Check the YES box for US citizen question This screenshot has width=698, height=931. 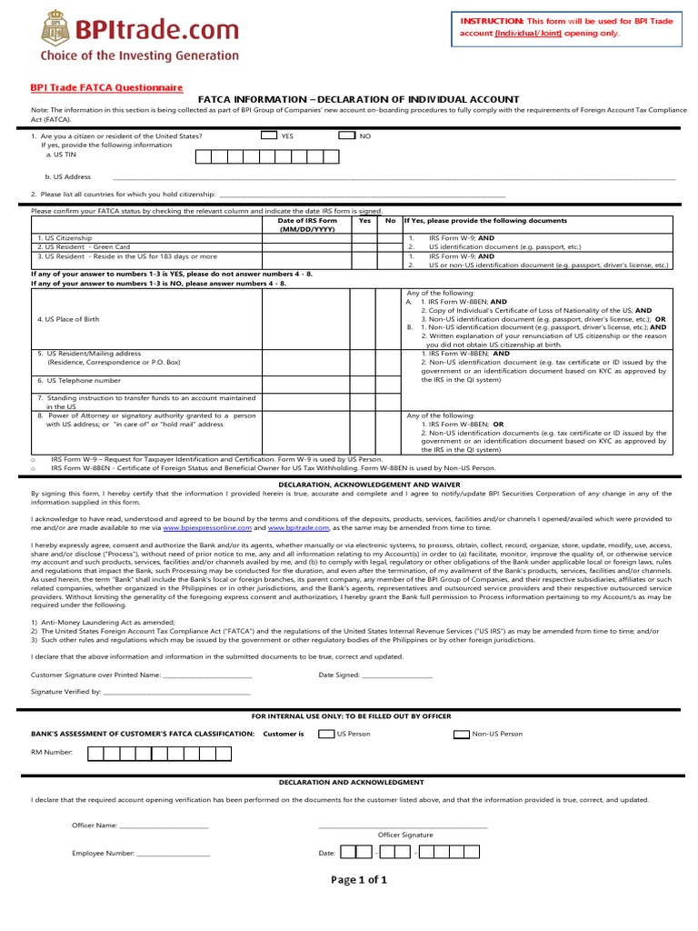click(x=268, y=135)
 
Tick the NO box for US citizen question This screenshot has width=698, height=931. click(x=346, y=135)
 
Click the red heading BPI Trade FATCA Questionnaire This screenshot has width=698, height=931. click(x=107, y=87)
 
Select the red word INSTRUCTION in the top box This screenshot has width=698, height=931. click(x=492, y=20)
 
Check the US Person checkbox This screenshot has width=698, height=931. click(x=325, y=733)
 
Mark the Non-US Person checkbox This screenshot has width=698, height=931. click(x=462, y=733)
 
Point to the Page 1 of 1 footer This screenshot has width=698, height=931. click(x=359, y=879)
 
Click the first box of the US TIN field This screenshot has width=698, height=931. click(x=204, y=156)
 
